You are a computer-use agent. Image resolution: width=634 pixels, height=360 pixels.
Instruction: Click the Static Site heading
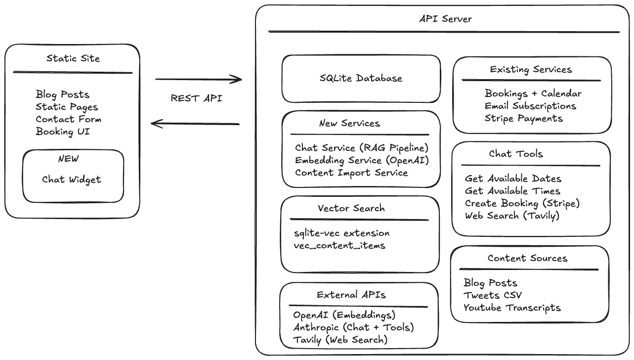coord(73,58)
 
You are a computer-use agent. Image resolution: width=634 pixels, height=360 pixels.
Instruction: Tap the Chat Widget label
coord(71,180)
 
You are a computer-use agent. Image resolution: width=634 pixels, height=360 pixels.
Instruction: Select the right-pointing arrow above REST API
coord(198,79)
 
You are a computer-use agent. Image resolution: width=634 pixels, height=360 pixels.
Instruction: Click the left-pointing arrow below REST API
coord(195,124)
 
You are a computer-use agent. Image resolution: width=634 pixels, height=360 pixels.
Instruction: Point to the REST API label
coord(196,98)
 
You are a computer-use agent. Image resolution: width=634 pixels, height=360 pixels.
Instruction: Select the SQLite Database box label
coord(361,78)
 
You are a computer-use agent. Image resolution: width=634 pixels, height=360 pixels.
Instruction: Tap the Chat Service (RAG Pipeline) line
coord(361,148)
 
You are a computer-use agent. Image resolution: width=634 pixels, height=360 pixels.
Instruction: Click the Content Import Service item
coord(351,173)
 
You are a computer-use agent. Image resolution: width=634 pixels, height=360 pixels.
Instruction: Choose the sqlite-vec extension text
coord(341,233)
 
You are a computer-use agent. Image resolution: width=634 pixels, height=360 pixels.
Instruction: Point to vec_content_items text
coord(339,245)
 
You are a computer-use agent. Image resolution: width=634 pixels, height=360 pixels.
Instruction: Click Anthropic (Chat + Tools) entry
coord(353,327)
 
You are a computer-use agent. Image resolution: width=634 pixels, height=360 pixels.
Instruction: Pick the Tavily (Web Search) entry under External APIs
coord(340,340)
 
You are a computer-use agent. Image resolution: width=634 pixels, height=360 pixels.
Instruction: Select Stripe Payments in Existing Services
coord(523,118)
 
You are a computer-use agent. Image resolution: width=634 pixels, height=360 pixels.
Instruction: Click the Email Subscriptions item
coord(530,106)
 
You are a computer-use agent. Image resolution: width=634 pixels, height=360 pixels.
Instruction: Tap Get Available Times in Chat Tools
coord(512,191)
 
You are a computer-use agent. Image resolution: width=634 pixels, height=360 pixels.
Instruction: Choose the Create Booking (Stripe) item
coord(522,203)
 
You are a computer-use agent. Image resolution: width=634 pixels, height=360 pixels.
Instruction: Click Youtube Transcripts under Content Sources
coord(512,308)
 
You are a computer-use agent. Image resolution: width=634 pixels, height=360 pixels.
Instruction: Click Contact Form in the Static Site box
coord(68,119)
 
